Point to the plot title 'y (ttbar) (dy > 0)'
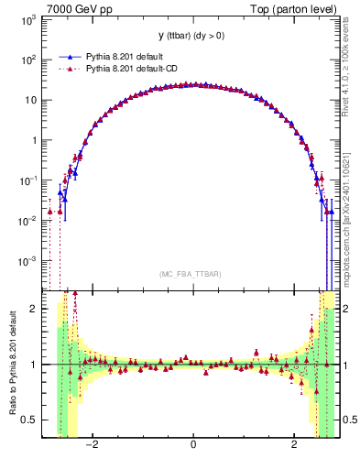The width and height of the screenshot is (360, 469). pos(193,36)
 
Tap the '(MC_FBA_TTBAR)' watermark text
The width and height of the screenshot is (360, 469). pos(193,274)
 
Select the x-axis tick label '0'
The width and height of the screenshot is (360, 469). pos(193,444)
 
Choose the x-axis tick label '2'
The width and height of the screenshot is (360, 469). pos(294,444)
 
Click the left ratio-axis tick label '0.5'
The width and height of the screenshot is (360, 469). pos(30,420)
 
